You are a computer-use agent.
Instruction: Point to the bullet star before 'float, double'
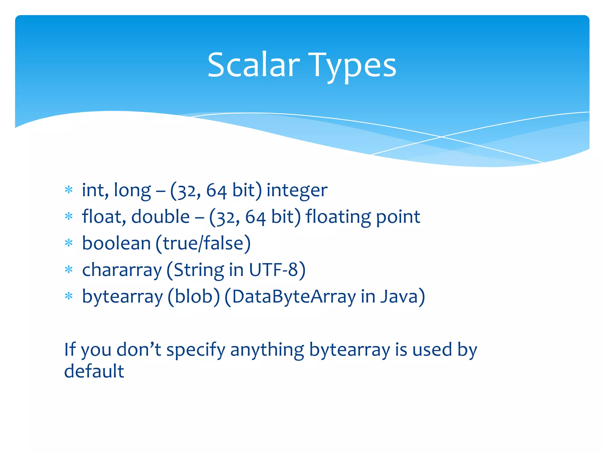point(69,216)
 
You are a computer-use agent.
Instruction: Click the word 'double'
point(160,216)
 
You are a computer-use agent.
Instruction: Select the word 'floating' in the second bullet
point(338,217)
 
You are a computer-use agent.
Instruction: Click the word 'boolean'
point(116,243)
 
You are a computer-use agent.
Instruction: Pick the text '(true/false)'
point(203,243)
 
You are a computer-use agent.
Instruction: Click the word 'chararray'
point(122,270)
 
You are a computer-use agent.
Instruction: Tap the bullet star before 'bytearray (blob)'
point(69,296)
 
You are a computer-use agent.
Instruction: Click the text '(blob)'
point(194,296)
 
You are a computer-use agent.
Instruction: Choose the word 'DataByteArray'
point(294,297)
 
